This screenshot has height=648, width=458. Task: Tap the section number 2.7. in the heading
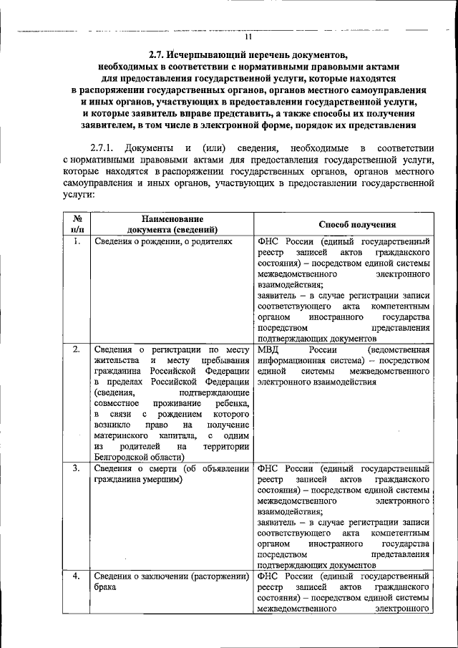[x=159, y=54]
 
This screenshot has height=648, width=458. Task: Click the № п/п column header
[x=77, y=224]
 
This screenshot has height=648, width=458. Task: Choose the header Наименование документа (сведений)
[x=172, y=224]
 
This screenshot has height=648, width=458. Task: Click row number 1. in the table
[x=77, y=242]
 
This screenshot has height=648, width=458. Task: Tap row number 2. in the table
[x=77, y=349]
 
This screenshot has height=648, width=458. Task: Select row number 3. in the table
[x=77, y=468]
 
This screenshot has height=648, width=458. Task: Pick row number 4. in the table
[x=77, y=576]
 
